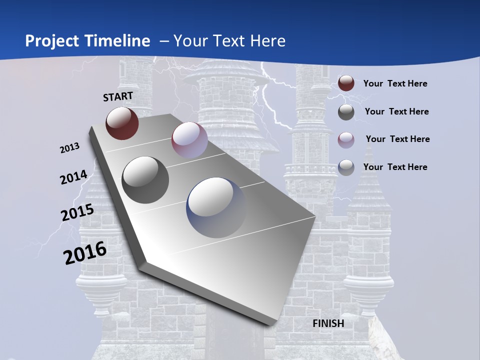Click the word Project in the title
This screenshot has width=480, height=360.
tap(52, 41)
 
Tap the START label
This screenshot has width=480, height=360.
tap(118, 96)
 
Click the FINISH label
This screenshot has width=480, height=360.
tap(328, 323)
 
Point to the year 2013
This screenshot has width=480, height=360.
tap(70, 148)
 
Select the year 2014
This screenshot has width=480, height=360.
tap(74, 177)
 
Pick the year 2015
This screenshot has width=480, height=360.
tap(77, 212)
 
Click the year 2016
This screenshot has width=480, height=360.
tap(85, 253)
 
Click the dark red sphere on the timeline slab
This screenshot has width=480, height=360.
tap(122, 123)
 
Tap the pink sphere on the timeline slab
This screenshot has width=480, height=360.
tap(189, 140)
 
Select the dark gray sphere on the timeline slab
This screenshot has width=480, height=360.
tap(145, 179)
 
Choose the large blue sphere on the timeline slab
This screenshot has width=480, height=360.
tap(216, 207)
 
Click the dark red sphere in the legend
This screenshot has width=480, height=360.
tap(346, 83)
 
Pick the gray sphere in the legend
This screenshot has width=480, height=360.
tap(346, 112)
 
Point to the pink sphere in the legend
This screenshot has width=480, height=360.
tap(346, 139)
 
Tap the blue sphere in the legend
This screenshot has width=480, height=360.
tap(346, 167)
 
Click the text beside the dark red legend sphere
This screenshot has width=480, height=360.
tap(395, 83)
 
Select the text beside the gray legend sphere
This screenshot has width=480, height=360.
tap(396, 111)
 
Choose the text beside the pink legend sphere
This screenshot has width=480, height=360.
tap(397, 139)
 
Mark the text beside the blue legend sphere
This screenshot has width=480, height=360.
tap(395, 167)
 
